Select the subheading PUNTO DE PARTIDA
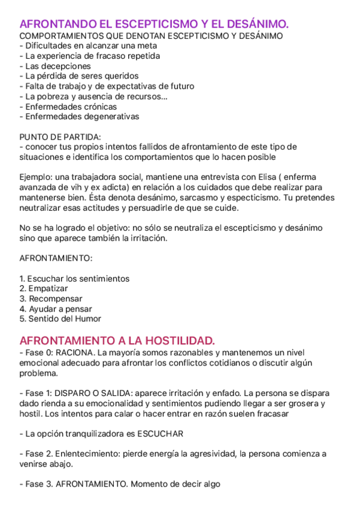(x=60, y=137)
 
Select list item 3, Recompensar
(x=50, y=299)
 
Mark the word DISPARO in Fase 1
(x=74, y=393)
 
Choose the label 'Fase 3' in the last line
(x=37, y=484)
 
